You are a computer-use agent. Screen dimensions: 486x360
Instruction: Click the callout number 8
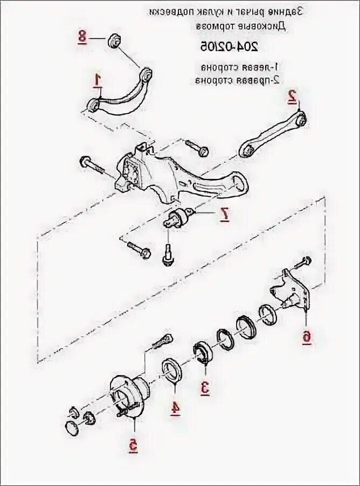pos(82,37)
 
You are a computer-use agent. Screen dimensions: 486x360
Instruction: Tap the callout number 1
pos(98,80)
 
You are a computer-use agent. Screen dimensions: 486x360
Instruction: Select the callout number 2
pos(292,96)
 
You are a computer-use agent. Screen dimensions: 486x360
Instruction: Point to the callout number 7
pos(225,215)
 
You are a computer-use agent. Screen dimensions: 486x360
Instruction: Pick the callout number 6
pos(306,337)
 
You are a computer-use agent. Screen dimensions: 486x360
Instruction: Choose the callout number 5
pos(133,445)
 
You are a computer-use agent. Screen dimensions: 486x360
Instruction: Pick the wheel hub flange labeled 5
pos(129,397)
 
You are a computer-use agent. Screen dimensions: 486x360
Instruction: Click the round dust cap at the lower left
pos(72,429)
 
